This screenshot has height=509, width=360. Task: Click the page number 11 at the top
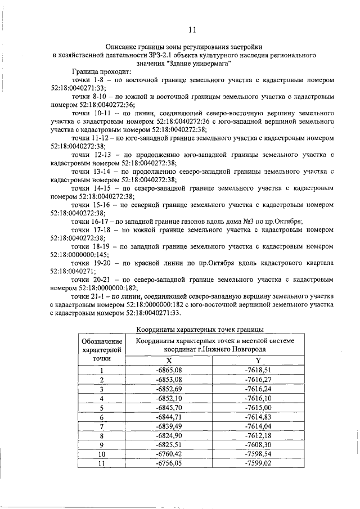click(x=192, y=30)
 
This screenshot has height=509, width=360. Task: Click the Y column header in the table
click(x=258, y=361)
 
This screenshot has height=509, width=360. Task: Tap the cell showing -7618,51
click(x=258, y=370)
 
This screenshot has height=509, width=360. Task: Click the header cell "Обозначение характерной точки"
click(x=102, y=349)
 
